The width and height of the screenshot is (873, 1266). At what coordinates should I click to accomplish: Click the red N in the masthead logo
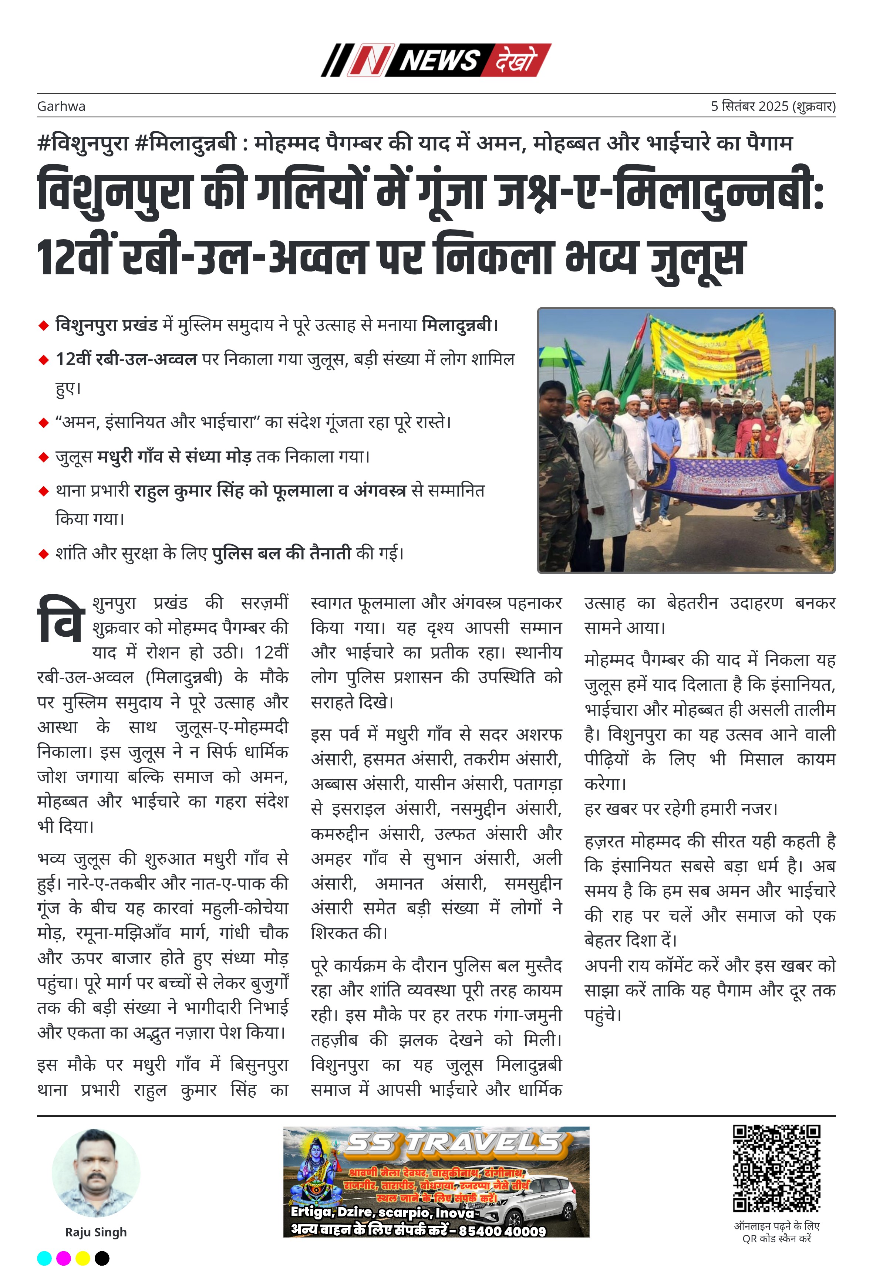click(x=370, y=60)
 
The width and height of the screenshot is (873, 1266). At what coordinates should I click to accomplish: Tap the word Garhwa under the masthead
click(x=61, y=106)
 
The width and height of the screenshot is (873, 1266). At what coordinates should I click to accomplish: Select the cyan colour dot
click(x=44, y=1258)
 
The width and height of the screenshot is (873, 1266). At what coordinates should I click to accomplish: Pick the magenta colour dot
click(x=64, y=1258)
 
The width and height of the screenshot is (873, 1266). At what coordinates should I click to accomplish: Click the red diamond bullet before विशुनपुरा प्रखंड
click(x=44, y=326)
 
